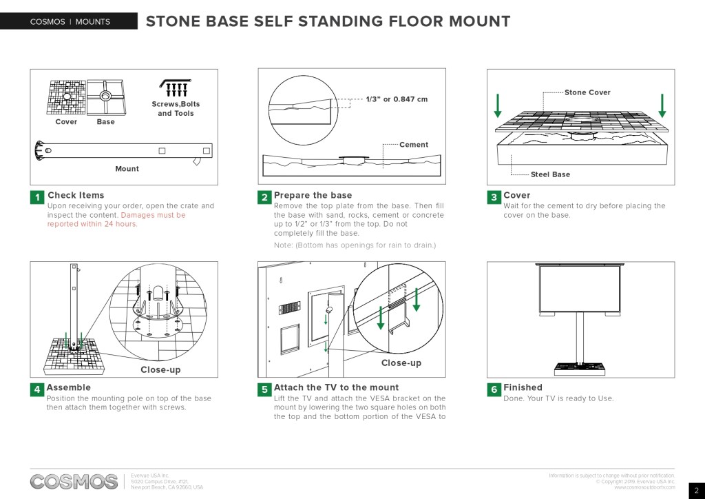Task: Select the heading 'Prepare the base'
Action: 313,196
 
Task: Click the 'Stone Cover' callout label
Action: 587,92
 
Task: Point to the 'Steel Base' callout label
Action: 550,174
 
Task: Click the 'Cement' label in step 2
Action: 414,145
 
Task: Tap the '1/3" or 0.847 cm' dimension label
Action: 397,99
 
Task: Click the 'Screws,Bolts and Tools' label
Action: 176,109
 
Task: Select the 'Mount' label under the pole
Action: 127,169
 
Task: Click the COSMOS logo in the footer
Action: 74,481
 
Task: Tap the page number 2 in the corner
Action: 696,490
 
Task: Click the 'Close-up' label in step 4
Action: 160,370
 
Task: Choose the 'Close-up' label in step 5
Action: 401,363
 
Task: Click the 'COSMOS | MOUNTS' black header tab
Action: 70,22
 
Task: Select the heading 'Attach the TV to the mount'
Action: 336,387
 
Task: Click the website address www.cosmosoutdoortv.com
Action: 644,487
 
